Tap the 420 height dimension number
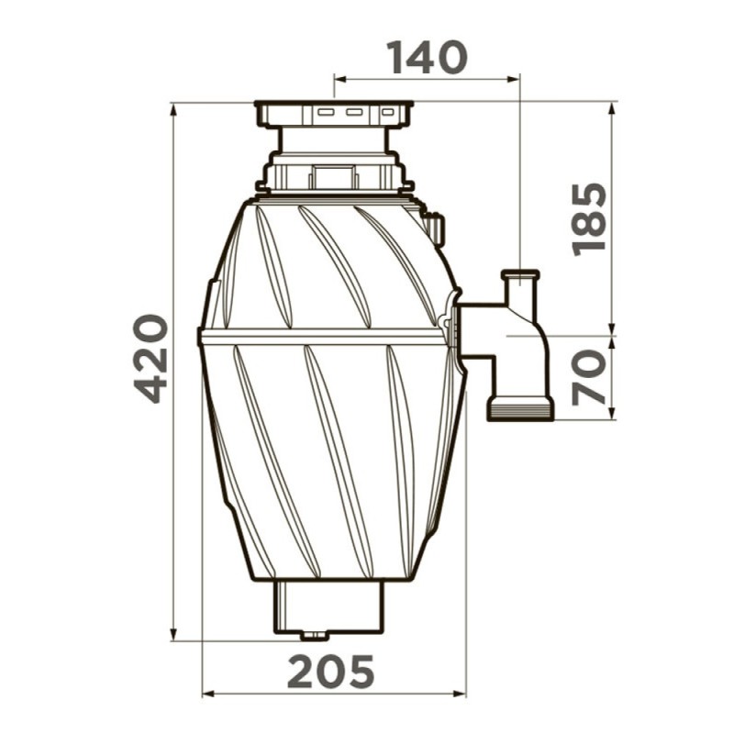[150, 359]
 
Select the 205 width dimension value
[330, 672]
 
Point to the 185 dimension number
[589, 219]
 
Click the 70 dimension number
[589, 377]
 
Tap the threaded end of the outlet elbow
[520, 408]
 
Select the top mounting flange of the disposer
[334, 114]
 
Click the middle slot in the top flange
[354, 112]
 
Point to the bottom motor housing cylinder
[329, 606]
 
